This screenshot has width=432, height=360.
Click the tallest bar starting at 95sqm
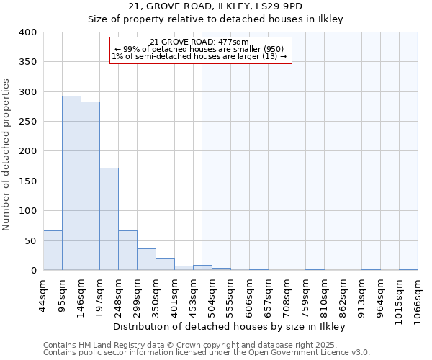pos(71,183)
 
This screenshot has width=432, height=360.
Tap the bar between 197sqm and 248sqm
pos(109,219)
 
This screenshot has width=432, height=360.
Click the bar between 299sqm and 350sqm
pos(146,259)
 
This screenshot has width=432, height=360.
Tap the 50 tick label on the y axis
pos(30,240)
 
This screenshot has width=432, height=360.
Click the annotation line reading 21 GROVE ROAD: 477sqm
pos(199,42)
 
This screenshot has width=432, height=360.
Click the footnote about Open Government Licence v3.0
pos(206,353)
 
